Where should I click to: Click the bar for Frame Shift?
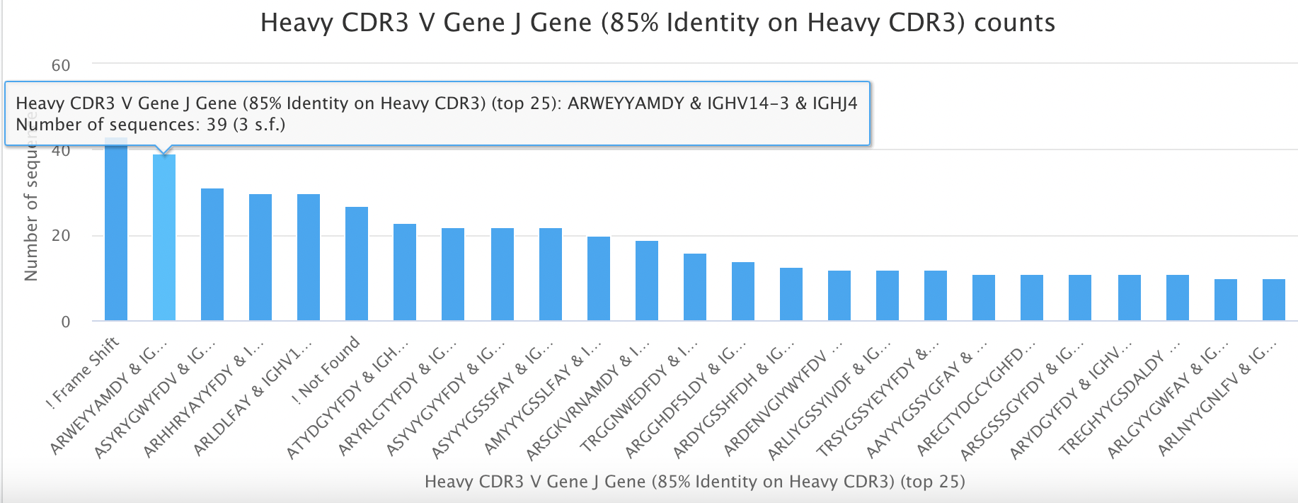tap(116, 234)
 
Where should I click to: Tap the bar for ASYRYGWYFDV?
tap(212, 255)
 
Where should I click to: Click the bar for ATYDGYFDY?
tap(405, 272)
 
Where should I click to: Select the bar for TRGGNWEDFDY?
tap(695, 287)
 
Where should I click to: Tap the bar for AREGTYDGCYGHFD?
tap(1032, 298)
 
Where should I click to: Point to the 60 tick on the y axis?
tap(61, 66)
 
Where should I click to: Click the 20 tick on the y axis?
tap(61, 236)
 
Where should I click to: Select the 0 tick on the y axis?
tap(66, 322)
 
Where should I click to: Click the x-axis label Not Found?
tap(330, 366)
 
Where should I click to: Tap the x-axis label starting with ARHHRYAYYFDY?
tap(205, 397)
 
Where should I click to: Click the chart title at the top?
tap(657, 23)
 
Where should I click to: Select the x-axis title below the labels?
tap(694, 482)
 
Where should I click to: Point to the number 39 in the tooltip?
tap(217, 125)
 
